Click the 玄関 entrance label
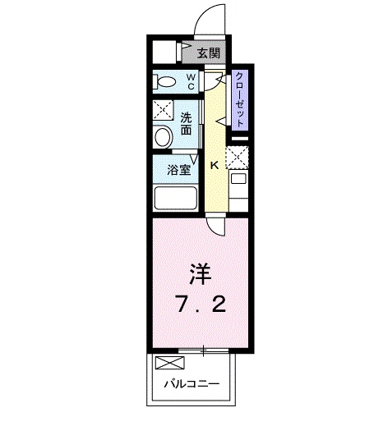point(209,53)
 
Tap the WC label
point(191,81)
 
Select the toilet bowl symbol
point(164,81)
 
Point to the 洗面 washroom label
point(186,124)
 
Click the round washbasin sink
point(163,137)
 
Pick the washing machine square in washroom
point(164,110)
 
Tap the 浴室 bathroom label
point(179,170)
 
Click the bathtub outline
point(176,198)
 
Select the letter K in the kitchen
point(215,165)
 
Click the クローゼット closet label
point(240,99)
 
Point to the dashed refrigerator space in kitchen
point(237,158)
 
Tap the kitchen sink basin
point(238,179)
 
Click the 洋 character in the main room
point(201,274)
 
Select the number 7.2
point(201,304)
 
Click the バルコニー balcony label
point(191,384)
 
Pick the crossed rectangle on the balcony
point(170,363)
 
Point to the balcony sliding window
point(203,350)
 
